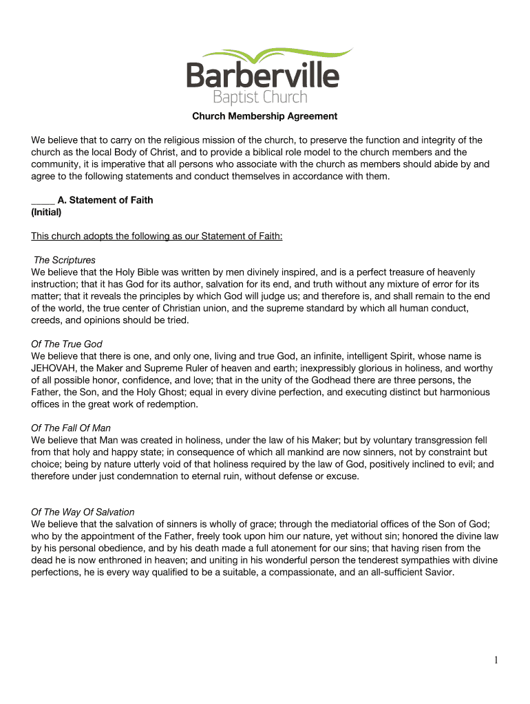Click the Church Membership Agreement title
pos(265,116)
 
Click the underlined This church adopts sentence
pos(157,236)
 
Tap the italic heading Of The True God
pos(67,344)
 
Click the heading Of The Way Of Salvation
pos(83,512)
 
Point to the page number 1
pos(495,661)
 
